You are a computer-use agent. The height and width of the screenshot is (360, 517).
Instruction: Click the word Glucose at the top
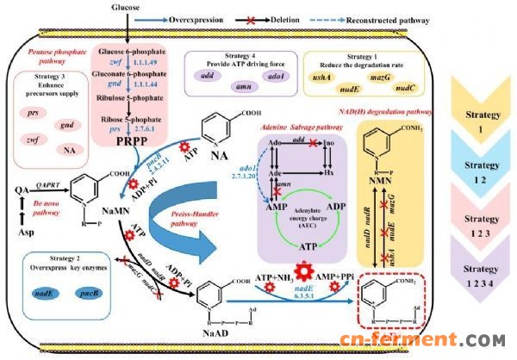[128, 8]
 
